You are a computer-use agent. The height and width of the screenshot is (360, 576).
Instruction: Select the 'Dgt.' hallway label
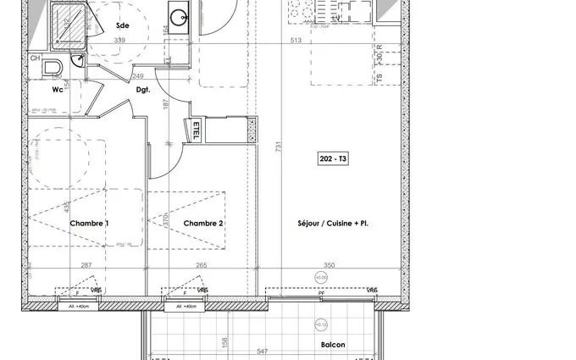[x=142, y=87]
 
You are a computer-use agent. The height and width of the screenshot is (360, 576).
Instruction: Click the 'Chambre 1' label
[x=90, y=224]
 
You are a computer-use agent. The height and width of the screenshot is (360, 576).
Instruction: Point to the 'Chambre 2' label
[x=203, y=224]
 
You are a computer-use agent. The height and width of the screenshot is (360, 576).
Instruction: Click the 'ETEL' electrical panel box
[x=196, y=132]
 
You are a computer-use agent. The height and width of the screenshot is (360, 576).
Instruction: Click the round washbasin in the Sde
[x=179, y=17]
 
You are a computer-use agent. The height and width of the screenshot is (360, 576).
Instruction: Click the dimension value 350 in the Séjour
[x=330, y=265]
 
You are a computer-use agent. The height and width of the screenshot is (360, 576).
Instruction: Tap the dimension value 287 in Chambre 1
[x=86, y=265]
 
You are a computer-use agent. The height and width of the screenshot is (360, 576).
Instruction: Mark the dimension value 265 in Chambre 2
[x=201, y=265]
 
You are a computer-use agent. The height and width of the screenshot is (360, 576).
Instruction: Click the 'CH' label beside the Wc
[x=35, y=58]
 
